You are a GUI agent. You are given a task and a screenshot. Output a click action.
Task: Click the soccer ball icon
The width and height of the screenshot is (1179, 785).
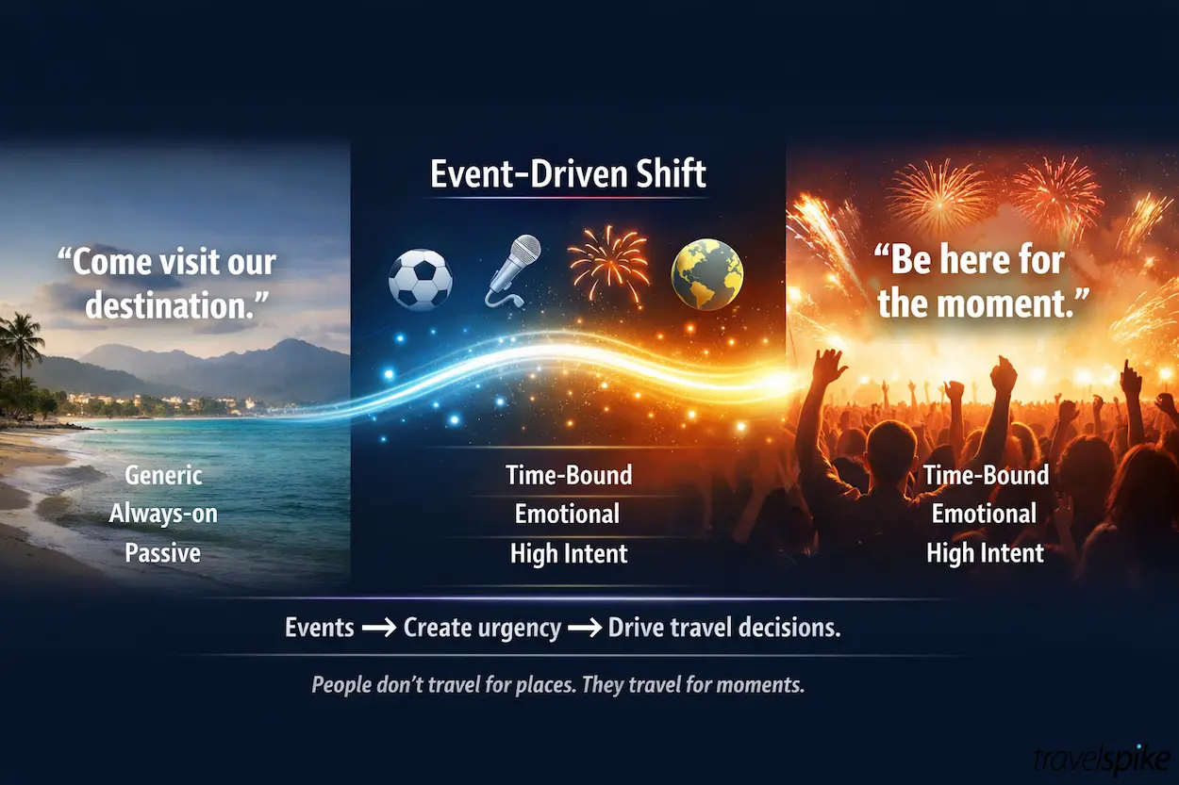[421, 280]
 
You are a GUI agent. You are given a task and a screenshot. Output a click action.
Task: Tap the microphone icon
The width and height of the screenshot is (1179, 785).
[513, 270]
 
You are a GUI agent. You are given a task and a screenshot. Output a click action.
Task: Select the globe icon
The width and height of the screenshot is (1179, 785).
[706, 273]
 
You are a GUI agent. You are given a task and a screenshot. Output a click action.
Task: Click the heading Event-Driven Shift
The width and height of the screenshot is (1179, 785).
[568, 175]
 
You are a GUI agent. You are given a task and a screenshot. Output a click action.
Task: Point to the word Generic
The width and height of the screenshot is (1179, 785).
[163, 475]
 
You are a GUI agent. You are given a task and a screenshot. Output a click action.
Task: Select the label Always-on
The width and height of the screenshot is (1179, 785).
[163, 514]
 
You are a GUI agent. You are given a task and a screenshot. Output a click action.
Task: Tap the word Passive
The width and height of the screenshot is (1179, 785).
[163, 552]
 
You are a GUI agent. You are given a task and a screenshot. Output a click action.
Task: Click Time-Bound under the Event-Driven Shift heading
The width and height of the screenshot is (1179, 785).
[569, 475]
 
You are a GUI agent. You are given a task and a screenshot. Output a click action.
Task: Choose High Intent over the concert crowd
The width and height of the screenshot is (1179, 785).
[985, 552]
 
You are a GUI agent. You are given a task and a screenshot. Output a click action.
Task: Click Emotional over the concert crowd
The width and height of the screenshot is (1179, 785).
[985, 514]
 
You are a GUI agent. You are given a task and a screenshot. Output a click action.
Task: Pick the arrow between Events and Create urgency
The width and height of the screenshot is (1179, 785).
[378, 629]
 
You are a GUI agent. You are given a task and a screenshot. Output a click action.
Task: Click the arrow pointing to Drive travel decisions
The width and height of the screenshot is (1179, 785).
[584, 629]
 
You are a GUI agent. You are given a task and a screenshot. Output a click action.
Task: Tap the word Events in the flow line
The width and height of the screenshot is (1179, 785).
[319, 628]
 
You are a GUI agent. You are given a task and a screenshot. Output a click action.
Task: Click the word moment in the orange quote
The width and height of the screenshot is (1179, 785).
[1013, 303]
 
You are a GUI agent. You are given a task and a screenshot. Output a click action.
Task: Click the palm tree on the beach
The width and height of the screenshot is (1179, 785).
[21, 344]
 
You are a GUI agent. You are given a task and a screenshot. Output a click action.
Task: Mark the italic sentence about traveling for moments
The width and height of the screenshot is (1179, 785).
[557, 685]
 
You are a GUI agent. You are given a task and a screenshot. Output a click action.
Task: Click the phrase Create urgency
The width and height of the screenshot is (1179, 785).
[482, 628]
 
